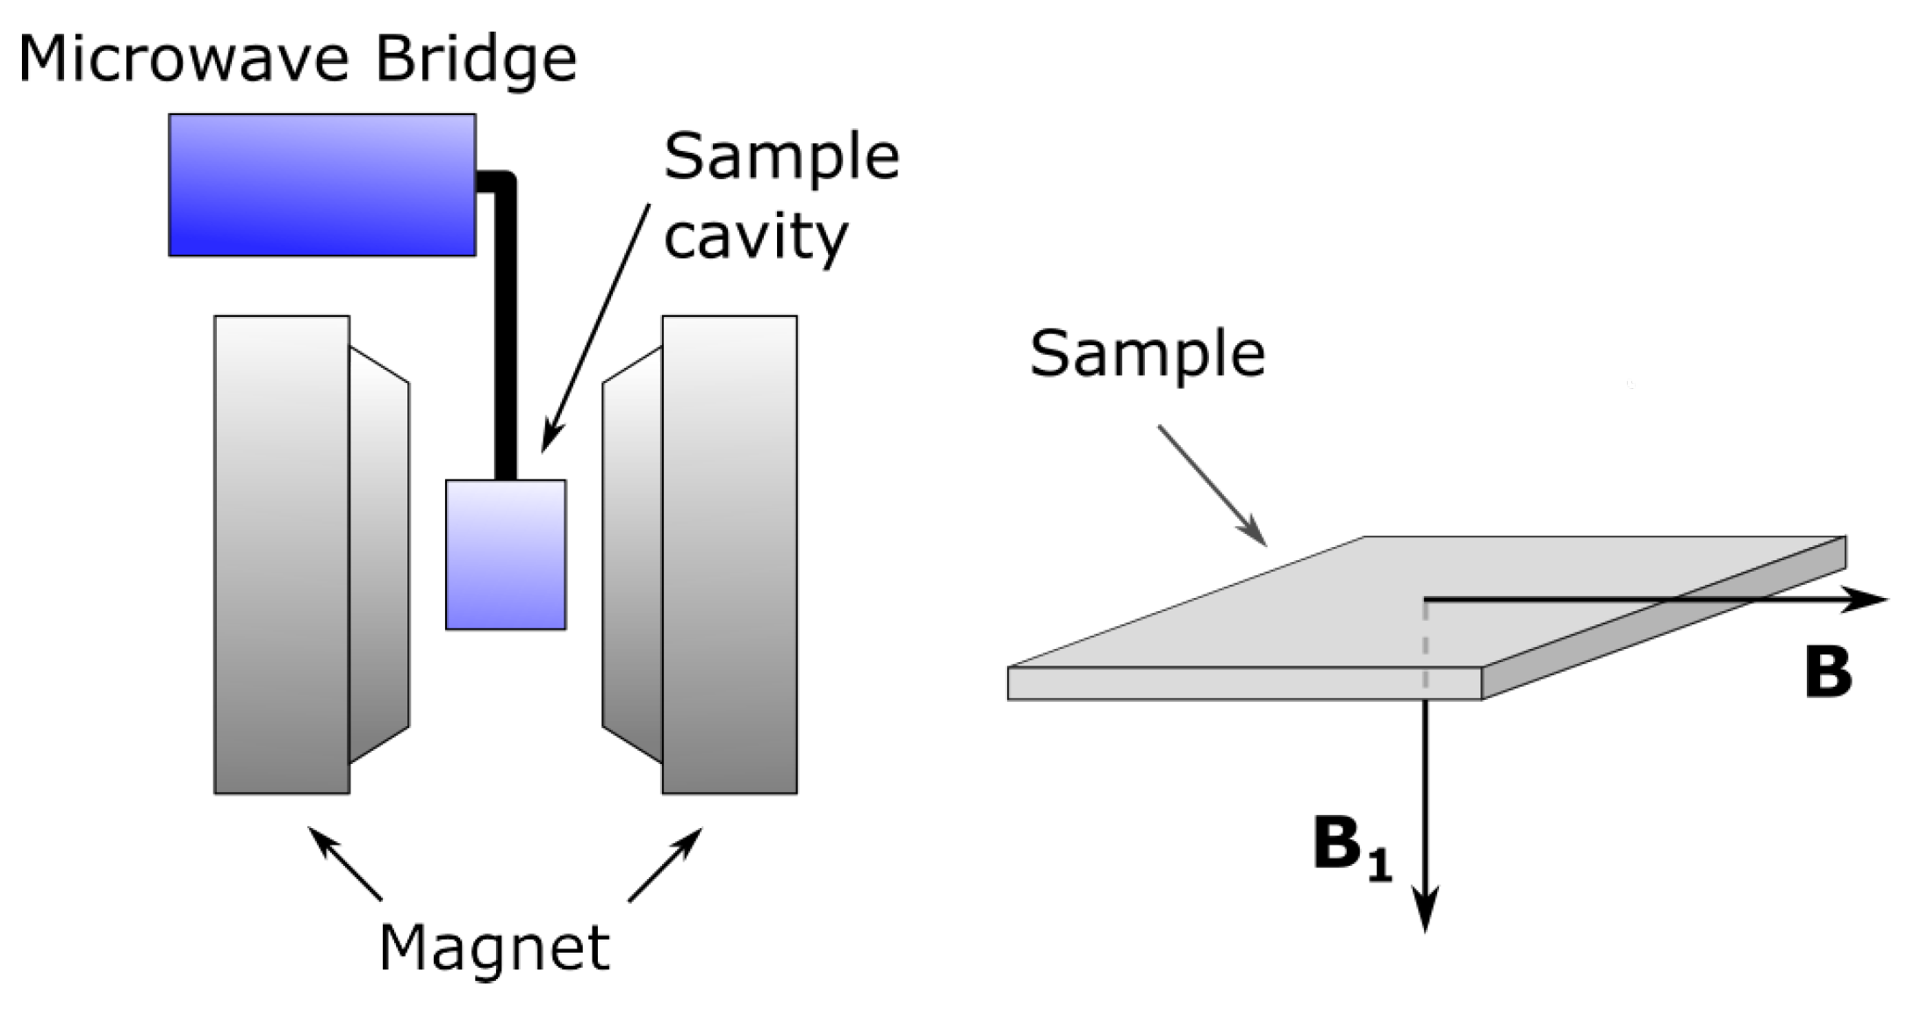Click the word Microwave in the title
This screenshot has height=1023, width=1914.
point(184,60)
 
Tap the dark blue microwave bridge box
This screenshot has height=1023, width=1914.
point(322,185)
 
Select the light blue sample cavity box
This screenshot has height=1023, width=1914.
point(506,555)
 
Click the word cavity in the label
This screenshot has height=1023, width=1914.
point(756,237)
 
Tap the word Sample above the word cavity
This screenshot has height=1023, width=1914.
point(781,158)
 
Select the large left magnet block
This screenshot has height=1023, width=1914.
point(282,555)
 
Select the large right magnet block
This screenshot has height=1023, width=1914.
point(730,555)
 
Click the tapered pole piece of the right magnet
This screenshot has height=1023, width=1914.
point(632,555)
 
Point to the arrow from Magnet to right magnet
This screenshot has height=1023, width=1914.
point(666,864)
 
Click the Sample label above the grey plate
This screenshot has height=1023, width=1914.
point(1148,354)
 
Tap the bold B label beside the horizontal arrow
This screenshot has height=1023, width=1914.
point(1828,674)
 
